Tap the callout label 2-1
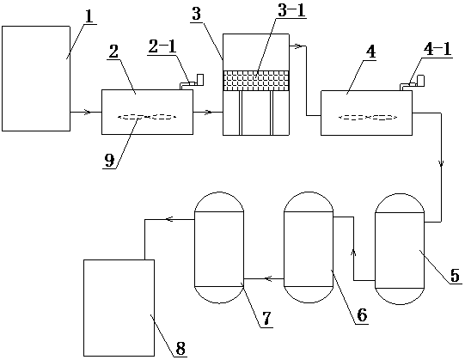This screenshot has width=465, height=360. click(162, 47)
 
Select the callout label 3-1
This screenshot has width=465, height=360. click(291, 11)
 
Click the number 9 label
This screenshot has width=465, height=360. click(109, 161)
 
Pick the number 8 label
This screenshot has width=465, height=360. click(180, 348)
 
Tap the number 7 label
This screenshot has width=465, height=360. click(266, 319)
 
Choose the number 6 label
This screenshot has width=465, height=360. click(362, 315)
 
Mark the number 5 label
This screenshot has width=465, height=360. click(455, 276)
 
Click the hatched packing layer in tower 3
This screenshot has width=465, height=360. click(255, 81)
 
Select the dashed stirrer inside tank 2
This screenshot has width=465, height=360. click(147, 118)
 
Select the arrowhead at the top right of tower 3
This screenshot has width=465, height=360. click(301, 46)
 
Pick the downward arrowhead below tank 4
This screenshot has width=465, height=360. click(442, 163)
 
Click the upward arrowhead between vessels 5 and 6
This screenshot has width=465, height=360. click(353, 253)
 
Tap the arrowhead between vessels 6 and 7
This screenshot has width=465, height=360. click(268, 278)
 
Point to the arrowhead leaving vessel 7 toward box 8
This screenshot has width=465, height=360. click(169, 219)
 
